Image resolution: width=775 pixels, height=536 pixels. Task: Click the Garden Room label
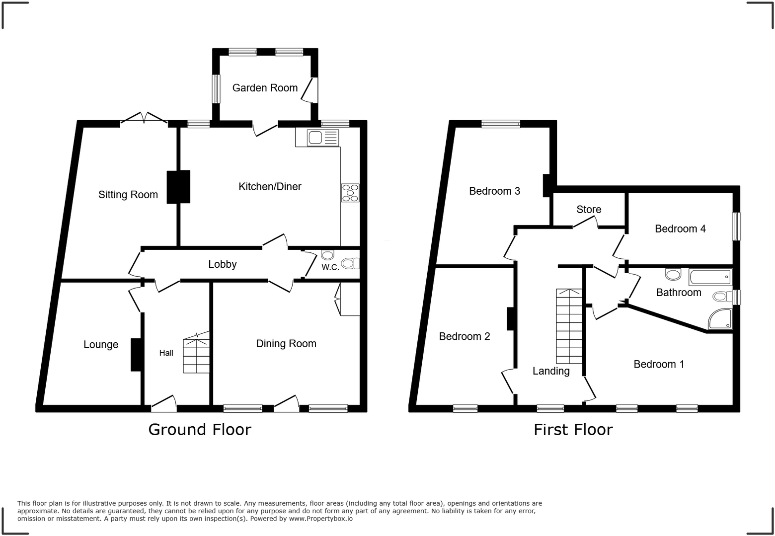[265, 88]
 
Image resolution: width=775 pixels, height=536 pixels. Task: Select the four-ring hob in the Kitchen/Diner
[350, 193]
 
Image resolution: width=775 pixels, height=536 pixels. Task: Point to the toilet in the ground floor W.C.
[350, 263]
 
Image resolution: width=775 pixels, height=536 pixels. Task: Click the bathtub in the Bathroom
[710, 277]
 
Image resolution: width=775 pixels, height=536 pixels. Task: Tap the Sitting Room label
[128, 195]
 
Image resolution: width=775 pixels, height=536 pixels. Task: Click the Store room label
[589, 210]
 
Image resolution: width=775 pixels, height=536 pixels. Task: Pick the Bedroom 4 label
[680, 229]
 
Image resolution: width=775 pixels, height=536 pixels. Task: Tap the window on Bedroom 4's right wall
[736, 227]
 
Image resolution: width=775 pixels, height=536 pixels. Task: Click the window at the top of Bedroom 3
[501, 124]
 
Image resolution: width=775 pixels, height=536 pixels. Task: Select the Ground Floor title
[200, 430]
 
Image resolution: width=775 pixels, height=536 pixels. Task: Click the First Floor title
[573, 430]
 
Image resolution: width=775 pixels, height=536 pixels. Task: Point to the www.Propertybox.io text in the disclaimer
[320, 519]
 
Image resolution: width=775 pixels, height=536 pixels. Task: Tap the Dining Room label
[286, 344]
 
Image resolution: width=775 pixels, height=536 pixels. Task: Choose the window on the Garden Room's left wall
[216, 89]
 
